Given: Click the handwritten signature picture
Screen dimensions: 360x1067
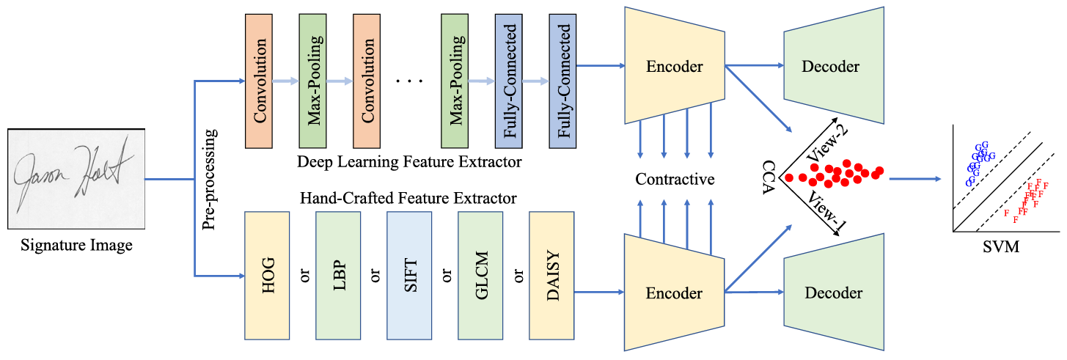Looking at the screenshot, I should (76, 180).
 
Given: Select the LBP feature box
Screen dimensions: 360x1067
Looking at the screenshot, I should (338, 276).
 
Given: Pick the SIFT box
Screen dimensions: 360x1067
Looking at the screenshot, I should (409, 276).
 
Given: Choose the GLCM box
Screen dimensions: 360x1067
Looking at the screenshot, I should (480, 276).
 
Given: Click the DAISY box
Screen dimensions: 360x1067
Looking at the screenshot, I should (551, 276).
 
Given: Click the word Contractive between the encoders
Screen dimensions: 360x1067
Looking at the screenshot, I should (675, 179).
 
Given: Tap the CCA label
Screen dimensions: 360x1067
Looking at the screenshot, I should (769, 177).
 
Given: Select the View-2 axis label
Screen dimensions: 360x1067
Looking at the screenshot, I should (827, 144).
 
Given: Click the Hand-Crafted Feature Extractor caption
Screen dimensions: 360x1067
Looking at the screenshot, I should (408, 198).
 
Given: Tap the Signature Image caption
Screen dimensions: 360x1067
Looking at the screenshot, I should (76, 246).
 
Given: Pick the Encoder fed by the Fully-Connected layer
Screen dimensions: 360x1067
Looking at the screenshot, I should (674, 66).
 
